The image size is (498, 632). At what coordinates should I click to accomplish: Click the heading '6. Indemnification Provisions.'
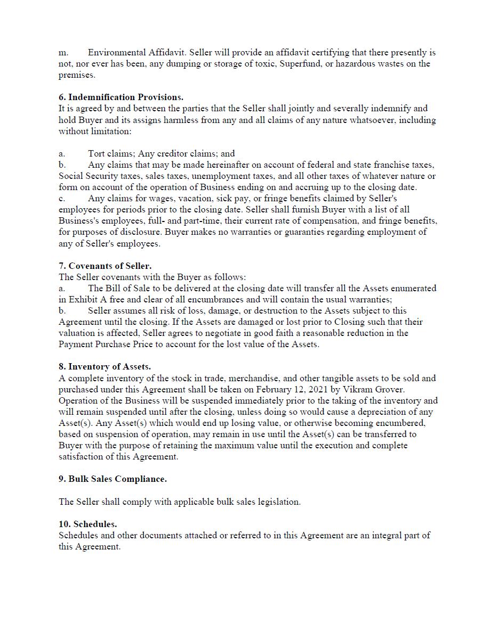(121, 97)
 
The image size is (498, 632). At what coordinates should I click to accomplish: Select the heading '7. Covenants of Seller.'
(105, 266)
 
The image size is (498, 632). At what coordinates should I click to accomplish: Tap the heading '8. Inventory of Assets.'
(105, 367)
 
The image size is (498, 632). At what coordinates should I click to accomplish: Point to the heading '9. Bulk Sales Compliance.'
(113, 479)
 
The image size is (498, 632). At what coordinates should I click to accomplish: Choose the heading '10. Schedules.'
(88, 524)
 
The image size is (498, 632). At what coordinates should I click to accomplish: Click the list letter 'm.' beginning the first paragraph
(63, 53)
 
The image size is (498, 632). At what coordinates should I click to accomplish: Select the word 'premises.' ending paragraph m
(77, 75)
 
